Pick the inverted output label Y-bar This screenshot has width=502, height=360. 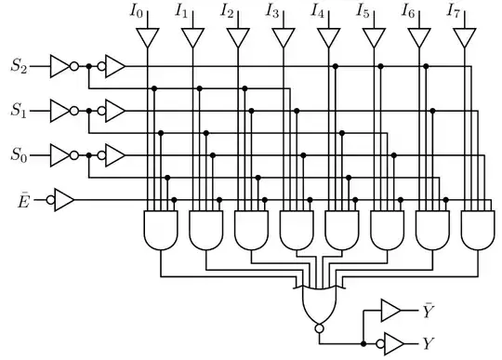click(429, 309)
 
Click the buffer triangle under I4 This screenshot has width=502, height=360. click(327, 38)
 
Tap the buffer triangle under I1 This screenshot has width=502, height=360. click(192, 38)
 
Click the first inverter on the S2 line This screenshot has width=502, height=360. click(60, 66)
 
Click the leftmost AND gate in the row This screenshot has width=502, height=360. click(160, 230)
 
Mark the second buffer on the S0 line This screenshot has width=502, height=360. click(114, 153)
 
